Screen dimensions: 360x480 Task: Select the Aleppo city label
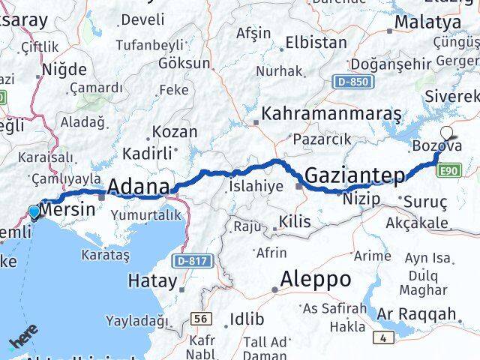(315, 280)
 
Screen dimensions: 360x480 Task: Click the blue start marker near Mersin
(34, 213)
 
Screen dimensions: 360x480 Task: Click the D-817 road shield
(191, 261)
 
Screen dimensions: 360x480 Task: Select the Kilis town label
(289, 221)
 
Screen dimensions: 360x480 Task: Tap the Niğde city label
(64, 70)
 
